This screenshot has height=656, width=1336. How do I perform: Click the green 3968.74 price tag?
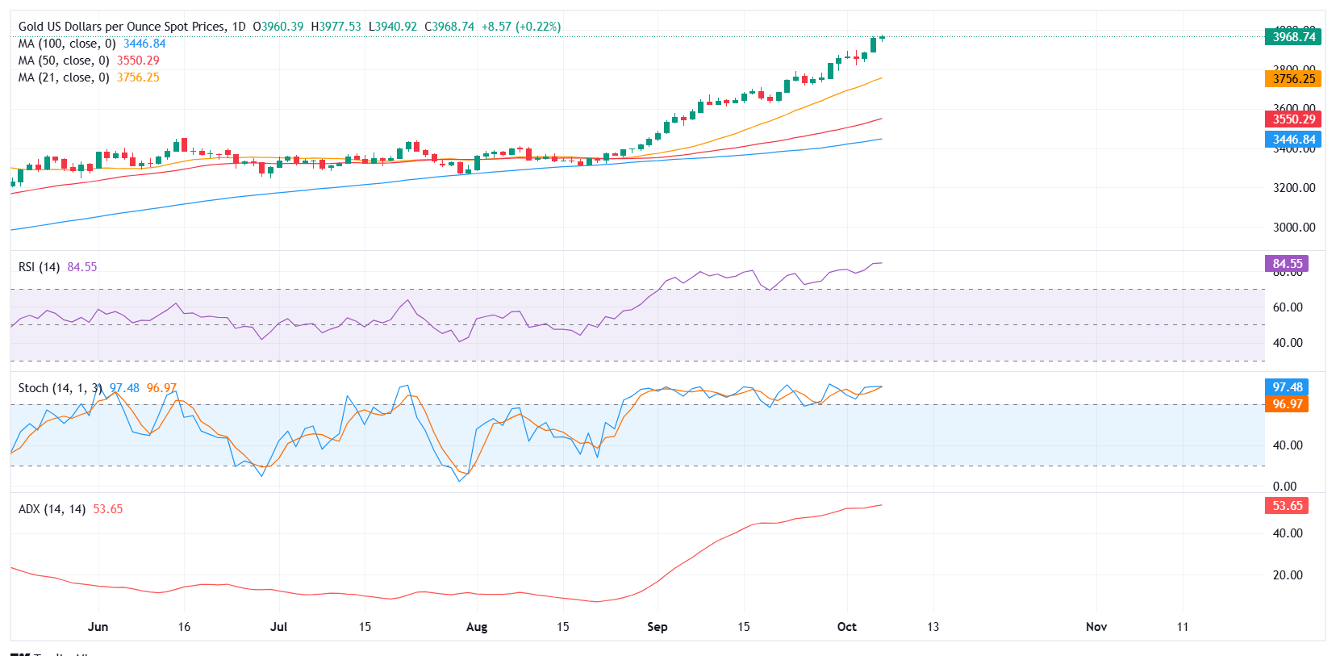(1293, 36)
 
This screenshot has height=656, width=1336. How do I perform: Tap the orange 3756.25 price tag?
(1293, 78)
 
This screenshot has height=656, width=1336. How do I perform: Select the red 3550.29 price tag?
(1293, 119)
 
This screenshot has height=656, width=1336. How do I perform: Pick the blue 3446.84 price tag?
(1293, 140)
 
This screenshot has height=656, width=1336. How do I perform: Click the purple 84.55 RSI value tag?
(1287, 264)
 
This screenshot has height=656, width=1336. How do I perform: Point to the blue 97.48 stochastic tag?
(1287, 387)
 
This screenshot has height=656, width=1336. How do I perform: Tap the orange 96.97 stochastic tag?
(1287, 404)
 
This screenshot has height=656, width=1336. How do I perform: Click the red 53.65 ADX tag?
(1287, 506)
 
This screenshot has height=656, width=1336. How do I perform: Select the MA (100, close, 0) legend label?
(67, 44)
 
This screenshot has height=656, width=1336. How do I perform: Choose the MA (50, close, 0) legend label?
(64, 61)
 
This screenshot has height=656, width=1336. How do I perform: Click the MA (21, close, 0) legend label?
(64, 77)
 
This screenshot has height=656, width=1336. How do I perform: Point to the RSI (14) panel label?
(39, 267)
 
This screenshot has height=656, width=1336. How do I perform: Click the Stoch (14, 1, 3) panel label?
(60, 388)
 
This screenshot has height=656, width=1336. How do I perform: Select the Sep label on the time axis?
(657, 627)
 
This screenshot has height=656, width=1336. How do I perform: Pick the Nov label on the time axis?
(1096, 627)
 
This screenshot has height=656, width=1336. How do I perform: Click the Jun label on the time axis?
(98, 627)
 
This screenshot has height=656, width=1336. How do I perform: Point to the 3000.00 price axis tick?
(1293, 228)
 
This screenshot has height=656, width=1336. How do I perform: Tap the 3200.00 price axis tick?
(1293, 188)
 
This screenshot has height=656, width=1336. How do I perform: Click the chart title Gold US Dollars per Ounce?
(122, 27)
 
